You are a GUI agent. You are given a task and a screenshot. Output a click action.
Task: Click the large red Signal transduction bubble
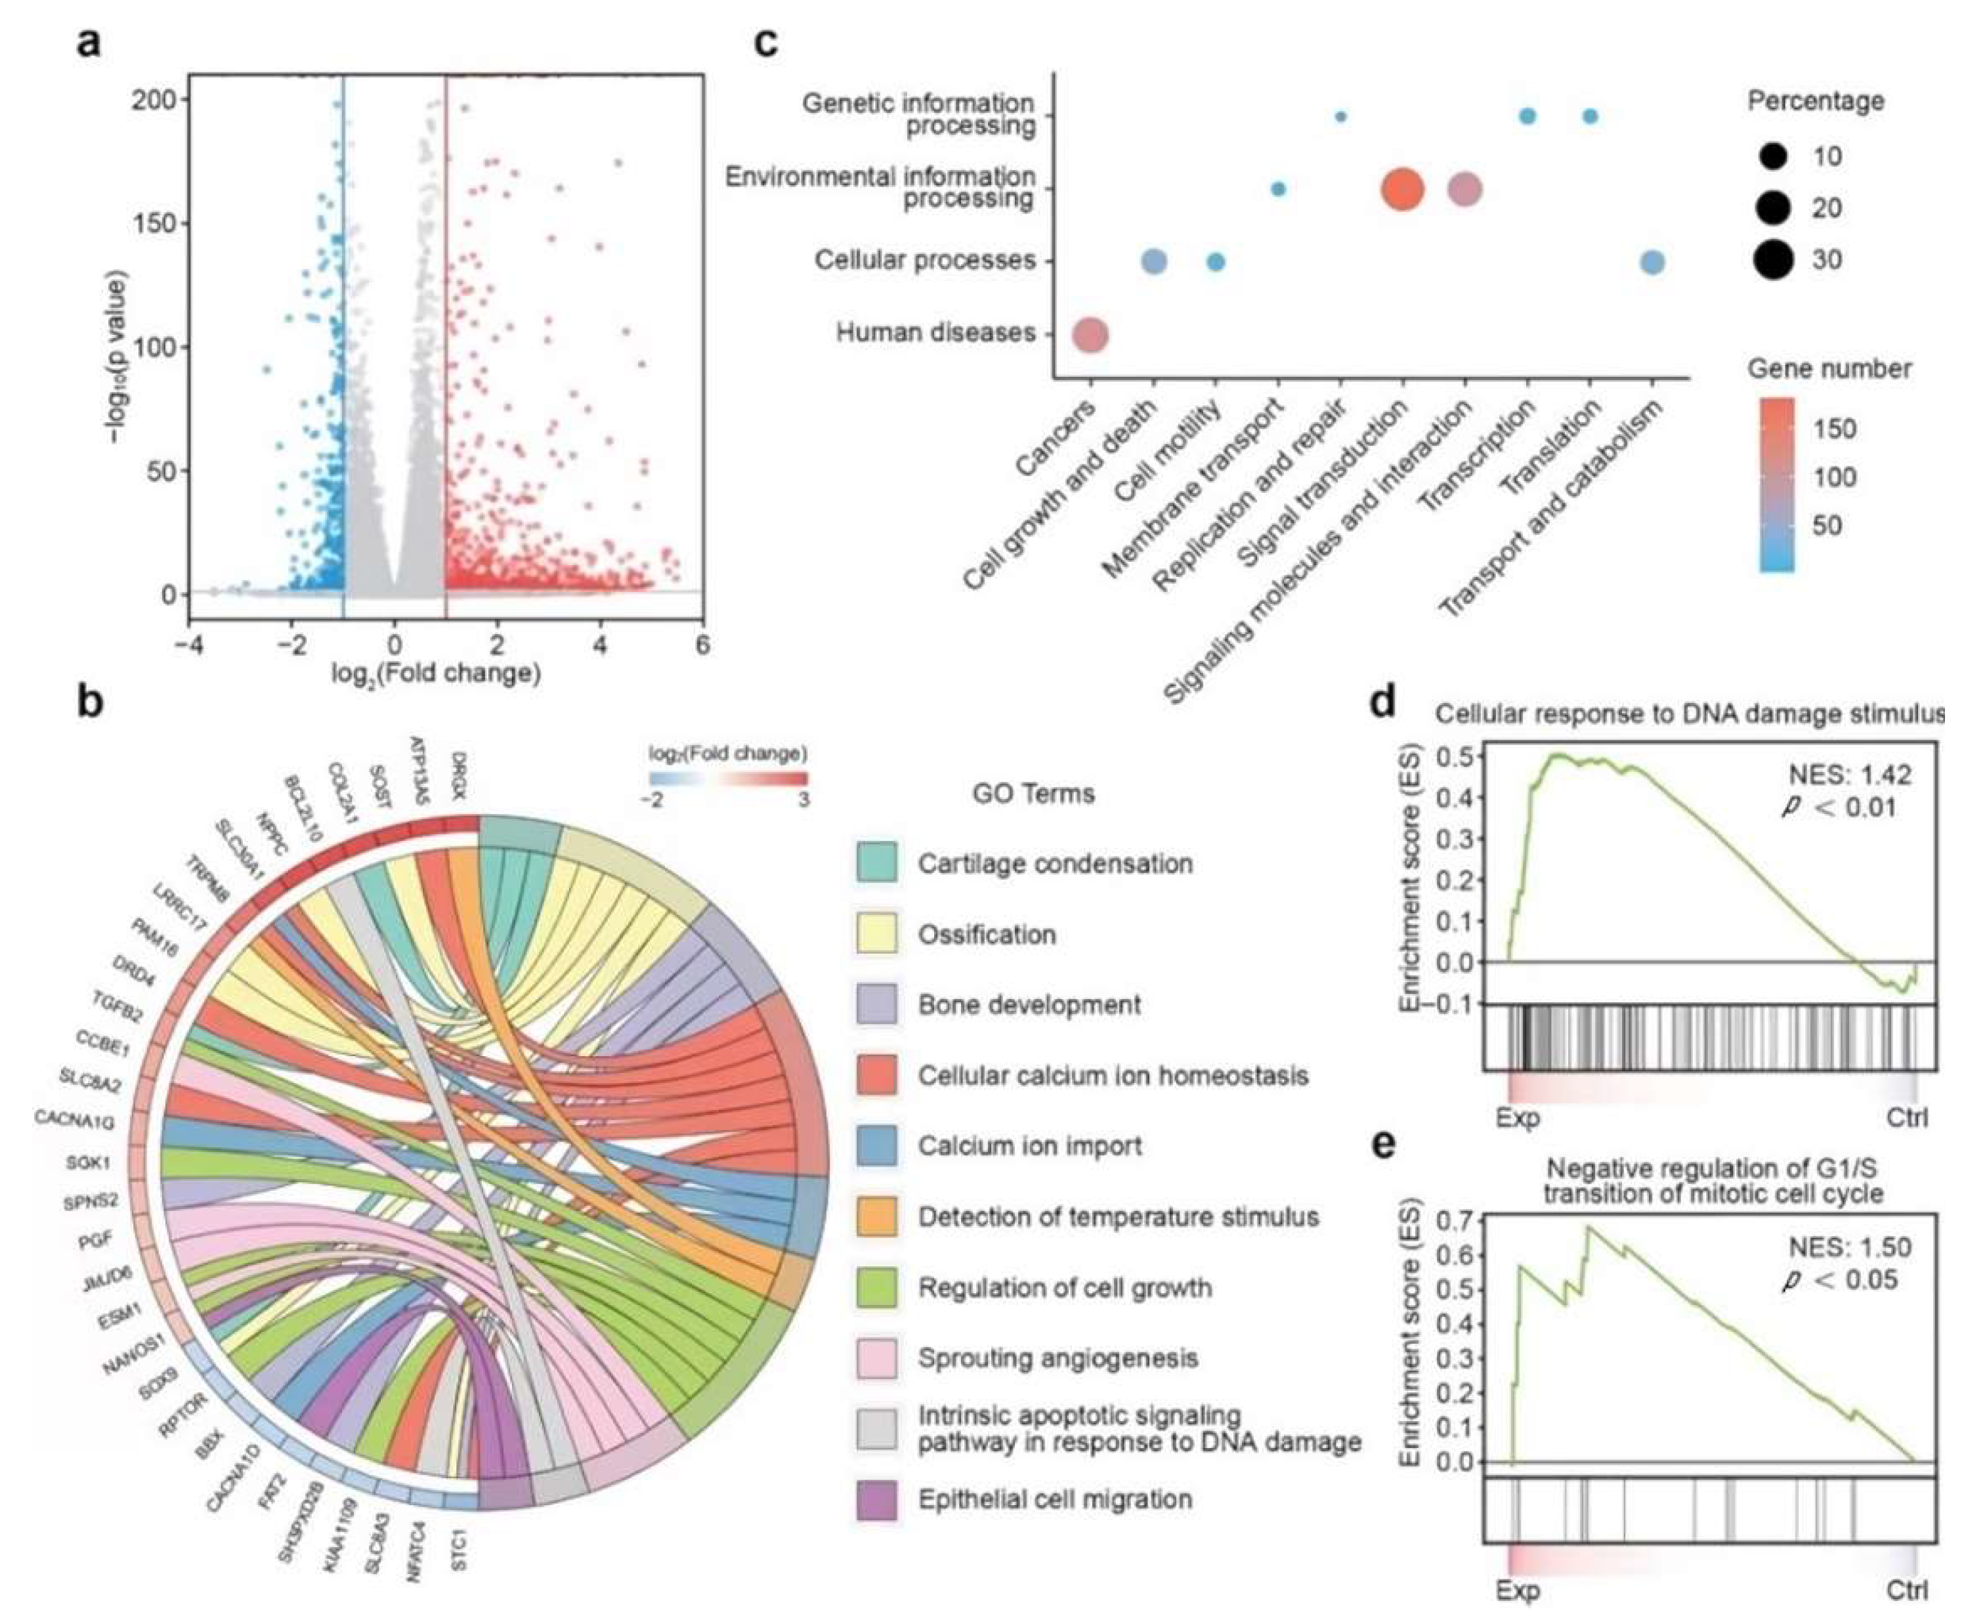click(x=1401, y=190)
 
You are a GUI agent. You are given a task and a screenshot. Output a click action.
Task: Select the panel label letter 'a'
click(x=90, y=43)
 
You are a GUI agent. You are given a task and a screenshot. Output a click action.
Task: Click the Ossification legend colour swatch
click(x=876, y=933)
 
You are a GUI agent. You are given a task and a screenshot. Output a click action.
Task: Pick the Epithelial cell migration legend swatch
click(x=876, y=1500)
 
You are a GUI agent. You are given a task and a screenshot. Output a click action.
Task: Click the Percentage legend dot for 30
click(x=1772, y=260)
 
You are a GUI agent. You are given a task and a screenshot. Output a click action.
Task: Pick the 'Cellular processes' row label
click(x=924, y=260)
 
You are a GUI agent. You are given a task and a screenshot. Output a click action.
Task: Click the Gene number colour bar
click(x=1776, y=485)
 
